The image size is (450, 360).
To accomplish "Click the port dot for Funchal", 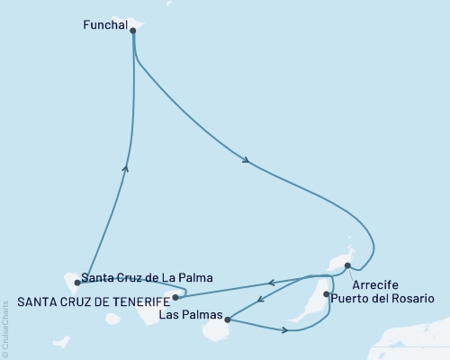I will coord(133,30).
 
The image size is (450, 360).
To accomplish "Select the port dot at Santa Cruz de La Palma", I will coord(77,283).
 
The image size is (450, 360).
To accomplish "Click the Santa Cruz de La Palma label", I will coord(146,278).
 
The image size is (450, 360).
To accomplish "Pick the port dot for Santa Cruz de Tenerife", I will coord(175,296).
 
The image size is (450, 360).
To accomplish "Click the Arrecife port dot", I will coord(347,265).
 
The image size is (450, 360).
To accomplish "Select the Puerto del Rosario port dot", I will coord(326,293).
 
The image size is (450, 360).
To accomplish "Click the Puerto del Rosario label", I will coord(382,298).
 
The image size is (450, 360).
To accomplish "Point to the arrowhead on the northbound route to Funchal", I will coord(126,167).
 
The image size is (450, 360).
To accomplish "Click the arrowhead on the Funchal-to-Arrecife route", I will coord(246,160).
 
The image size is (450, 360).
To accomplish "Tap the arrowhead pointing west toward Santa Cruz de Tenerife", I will coord(274,282).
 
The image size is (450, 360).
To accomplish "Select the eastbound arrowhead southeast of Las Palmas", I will coord(285,330).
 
